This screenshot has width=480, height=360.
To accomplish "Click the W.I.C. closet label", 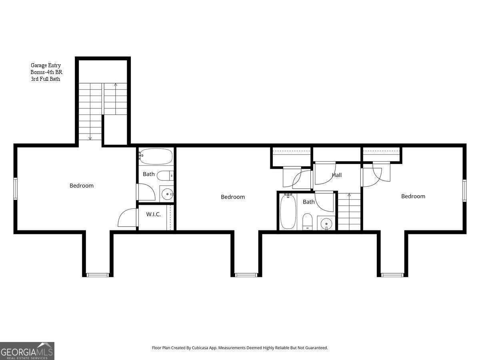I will click(153, 214).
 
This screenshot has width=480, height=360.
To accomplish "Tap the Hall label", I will click(336, 175).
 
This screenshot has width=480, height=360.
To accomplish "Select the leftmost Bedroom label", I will click(82, 186).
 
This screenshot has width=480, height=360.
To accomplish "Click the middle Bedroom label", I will click(233, 197).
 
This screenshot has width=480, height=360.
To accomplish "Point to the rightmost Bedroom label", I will click(413, 196).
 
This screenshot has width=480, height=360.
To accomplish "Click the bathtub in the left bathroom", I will click(156, 157).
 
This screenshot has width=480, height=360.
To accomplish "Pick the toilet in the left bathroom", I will click(165, 175).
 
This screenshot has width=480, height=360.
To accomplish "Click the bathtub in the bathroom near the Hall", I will click(287, 211).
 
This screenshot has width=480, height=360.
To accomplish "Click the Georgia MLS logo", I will click(27, 351).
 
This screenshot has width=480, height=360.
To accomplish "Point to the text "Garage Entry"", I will click(46, 65).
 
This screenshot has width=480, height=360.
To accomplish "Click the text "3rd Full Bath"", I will click(45, 79).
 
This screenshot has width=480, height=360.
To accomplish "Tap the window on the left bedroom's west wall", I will click(15, 189).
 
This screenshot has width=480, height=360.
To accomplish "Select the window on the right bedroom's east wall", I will click(464, 190).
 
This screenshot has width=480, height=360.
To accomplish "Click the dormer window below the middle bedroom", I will click(246, 275).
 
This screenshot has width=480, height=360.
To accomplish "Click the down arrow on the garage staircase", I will click(90, 138).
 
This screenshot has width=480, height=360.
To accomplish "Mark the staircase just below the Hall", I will click(349, 212).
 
